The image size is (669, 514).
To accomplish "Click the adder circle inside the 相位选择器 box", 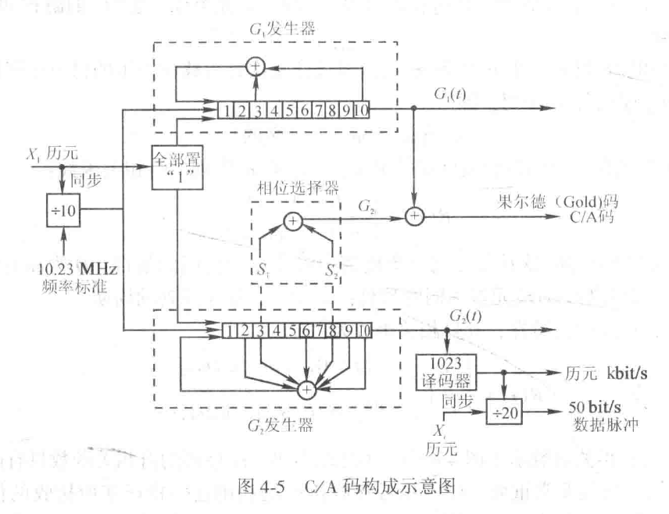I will pyautogui.click(x=292, y=221).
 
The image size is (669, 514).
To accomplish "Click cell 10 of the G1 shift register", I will pyautogui.click(x=361, y=111).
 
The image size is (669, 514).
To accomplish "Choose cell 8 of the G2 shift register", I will pyautogui.click(x=334, y=330).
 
